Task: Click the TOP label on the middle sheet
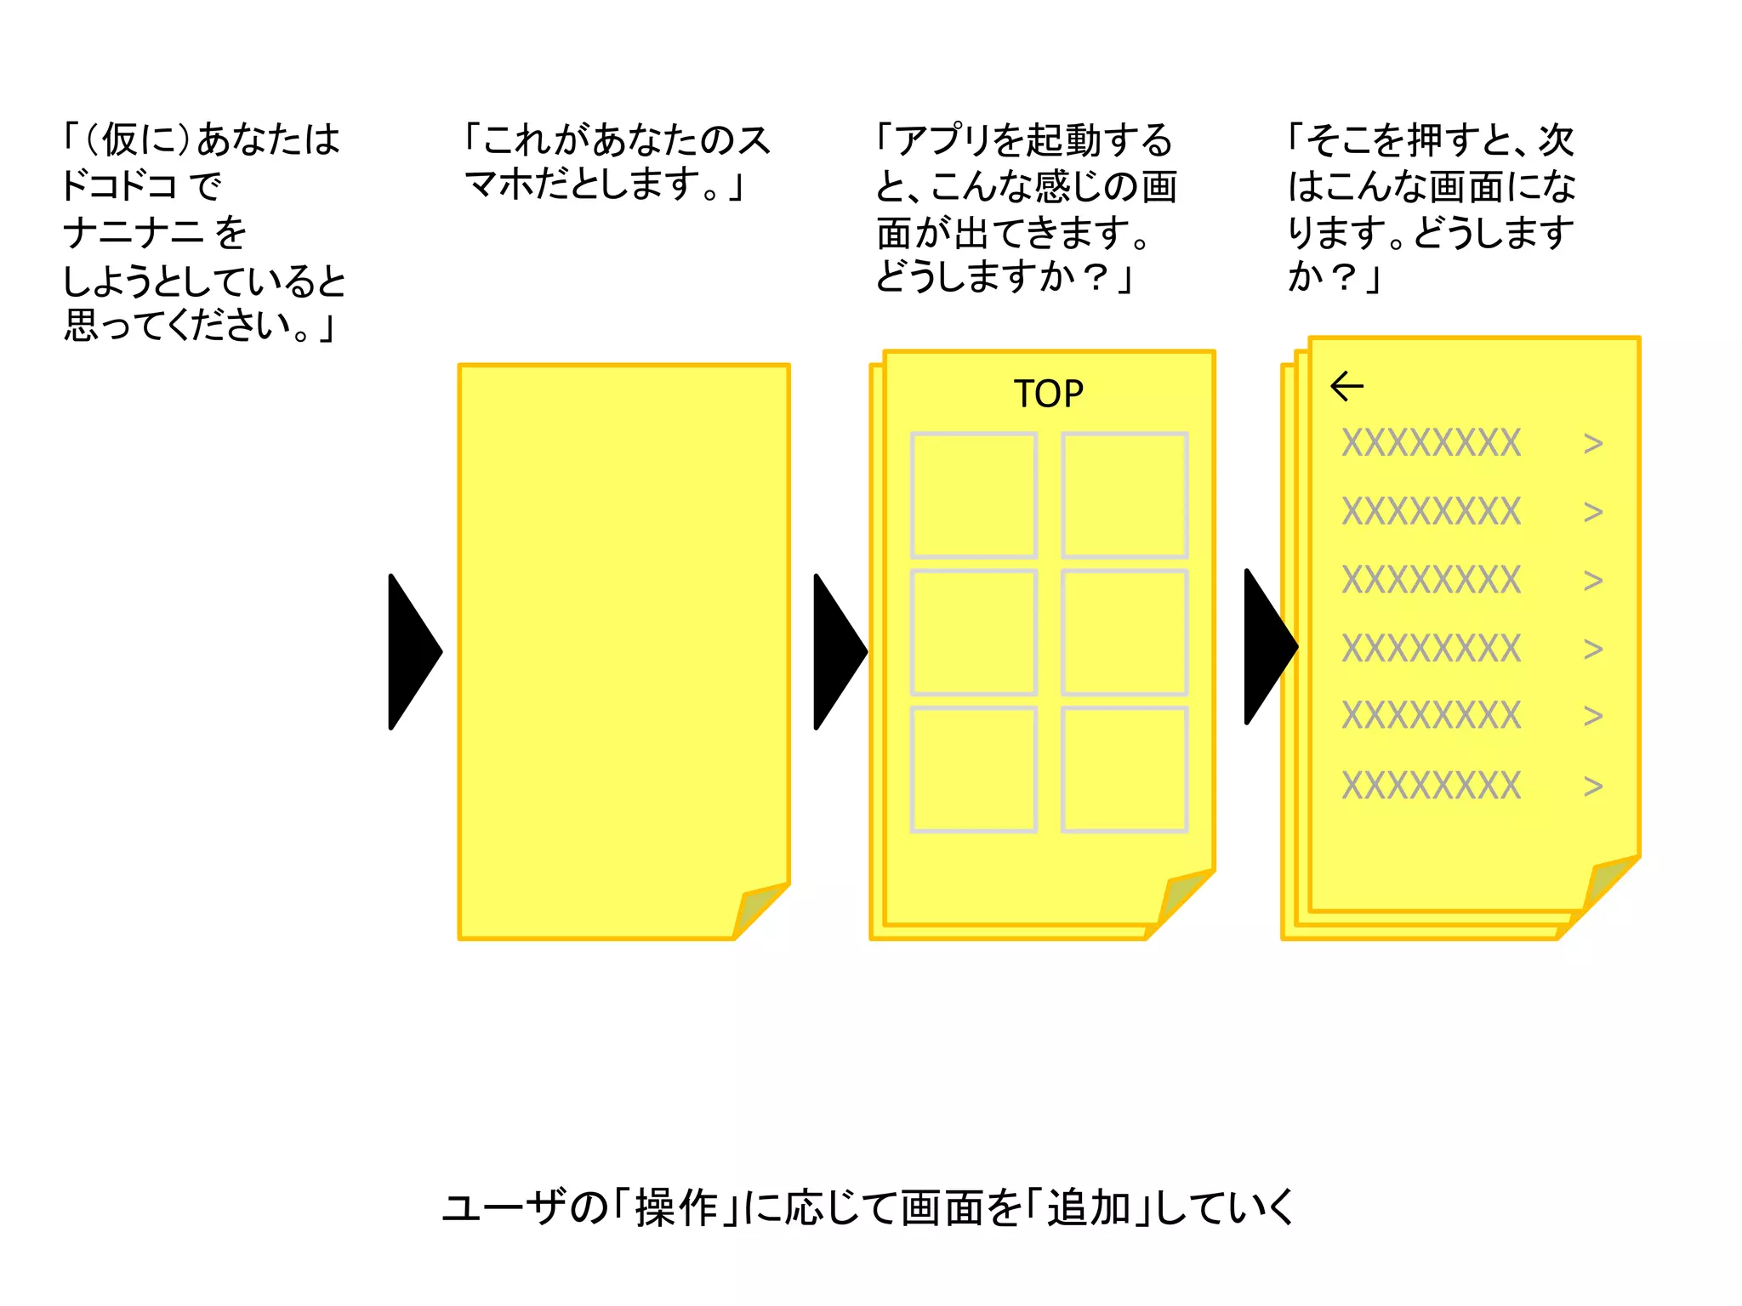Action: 1048,394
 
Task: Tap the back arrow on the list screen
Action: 1346,386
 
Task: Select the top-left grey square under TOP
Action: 973,495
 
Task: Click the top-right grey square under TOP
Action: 1124,495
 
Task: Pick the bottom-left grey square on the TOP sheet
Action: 973,769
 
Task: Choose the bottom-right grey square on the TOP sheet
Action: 1124,769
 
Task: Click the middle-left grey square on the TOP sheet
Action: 973,632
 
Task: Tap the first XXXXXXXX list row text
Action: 1431,443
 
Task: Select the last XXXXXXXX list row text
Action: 1431,786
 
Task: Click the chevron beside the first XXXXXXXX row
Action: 1593,443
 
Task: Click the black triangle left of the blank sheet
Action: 413,651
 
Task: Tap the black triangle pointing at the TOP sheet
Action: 839,651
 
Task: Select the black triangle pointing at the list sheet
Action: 1269,646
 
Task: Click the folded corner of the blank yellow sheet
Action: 759,910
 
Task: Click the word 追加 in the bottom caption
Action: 1088,1207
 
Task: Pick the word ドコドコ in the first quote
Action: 119,185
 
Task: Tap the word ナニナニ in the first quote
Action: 133,232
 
